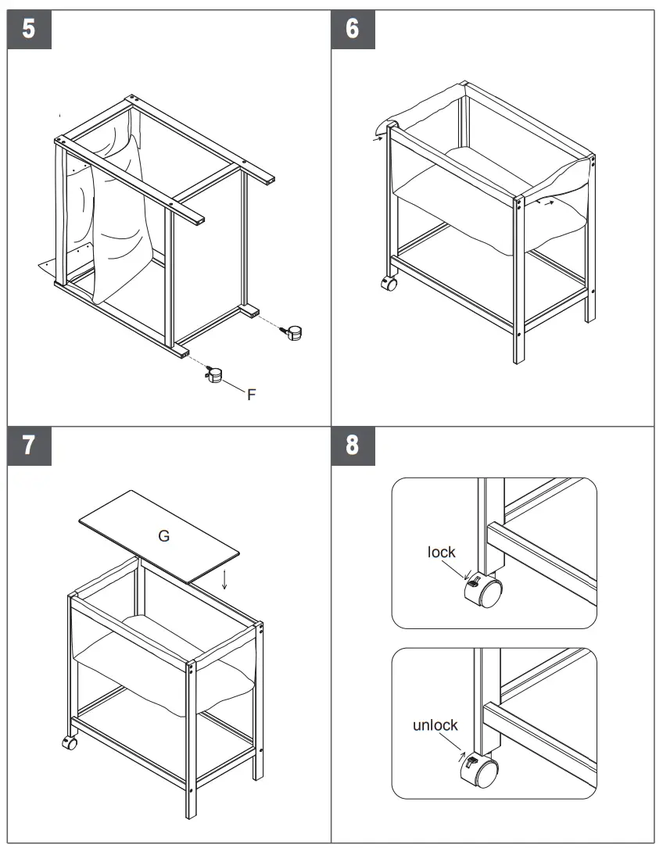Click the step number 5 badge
pos(29,29)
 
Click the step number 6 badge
pos(353,29)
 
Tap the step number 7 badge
pos(29,445)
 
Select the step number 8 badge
pos(353,445)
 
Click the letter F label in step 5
pos(251,395)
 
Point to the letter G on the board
pos(163,536)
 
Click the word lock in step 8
pos(441,553)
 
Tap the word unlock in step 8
pos(435,725)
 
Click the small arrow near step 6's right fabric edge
pos(552,203)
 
